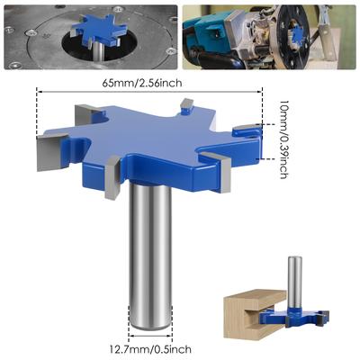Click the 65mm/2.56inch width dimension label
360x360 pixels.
[x=148, y=83]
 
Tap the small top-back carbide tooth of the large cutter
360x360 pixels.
[x=184, y=109]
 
